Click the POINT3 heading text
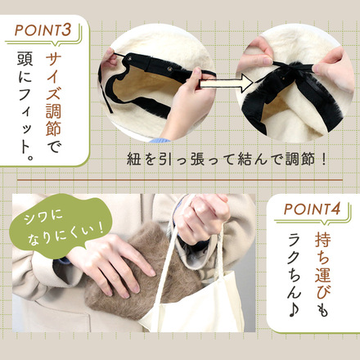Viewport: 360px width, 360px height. tap(43, 29)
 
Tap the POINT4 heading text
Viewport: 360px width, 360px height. tap(313, 209)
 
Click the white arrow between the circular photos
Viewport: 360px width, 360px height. tap(227, 83)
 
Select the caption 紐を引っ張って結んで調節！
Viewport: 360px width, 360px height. tap(227, 159)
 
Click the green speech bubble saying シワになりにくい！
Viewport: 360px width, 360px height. tap(61, 226)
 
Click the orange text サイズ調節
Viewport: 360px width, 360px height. tap(53, 94)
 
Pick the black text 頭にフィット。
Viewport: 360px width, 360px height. tap(25, 106)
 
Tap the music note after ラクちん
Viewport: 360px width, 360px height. tap(294, 309)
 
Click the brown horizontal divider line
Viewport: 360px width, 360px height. tap(180, 180)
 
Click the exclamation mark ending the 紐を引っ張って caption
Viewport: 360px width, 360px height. tap(324, 159)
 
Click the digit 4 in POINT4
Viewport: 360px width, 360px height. tap(336, 209)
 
